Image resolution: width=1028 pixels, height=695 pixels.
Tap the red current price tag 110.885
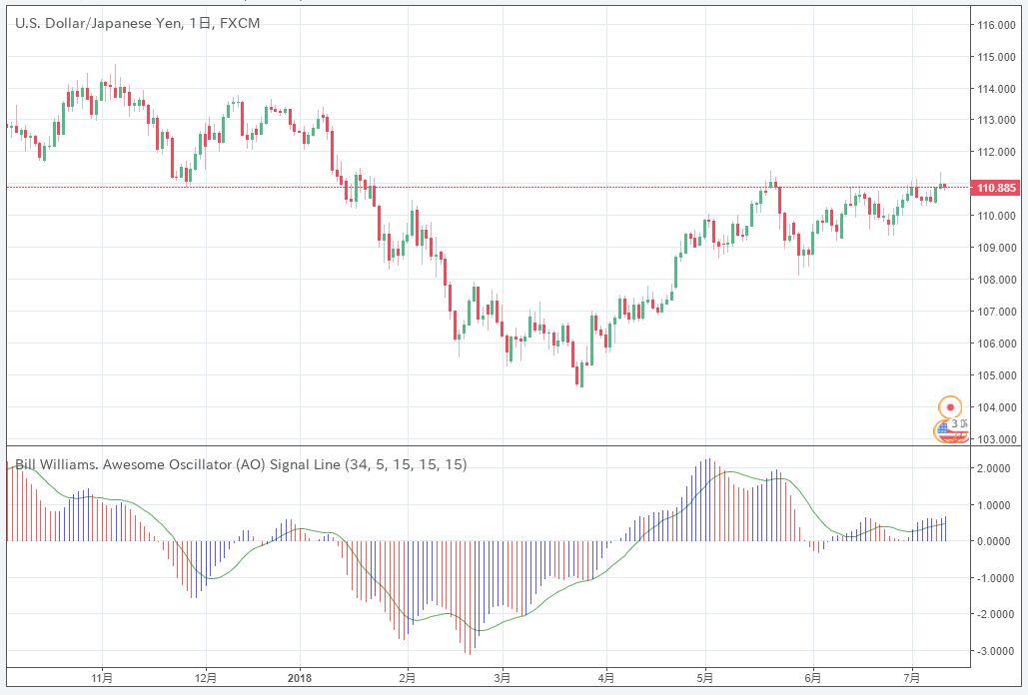(x=995, y=188)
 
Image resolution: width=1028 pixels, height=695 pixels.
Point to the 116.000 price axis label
(x=996, y=24)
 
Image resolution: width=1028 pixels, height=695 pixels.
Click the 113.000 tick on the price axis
(x=996, y=120)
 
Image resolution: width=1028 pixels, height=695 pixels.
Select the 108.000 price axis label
(x=996, y=280)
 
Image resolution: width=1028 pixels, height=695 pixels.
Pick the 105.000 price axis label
(x=996, y=375)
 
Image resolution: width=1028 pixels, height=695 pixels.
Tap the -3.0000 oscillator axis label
(x=995, y=650)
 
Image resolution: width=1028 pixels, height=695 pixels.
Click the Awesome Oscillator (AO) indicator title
(x=240, y=464)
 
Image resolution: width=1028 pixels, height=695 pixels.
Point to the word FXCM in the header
(x=240, y=23)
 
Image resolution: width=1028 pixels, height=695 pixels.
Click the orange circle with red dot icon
(x=950, y=407)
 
